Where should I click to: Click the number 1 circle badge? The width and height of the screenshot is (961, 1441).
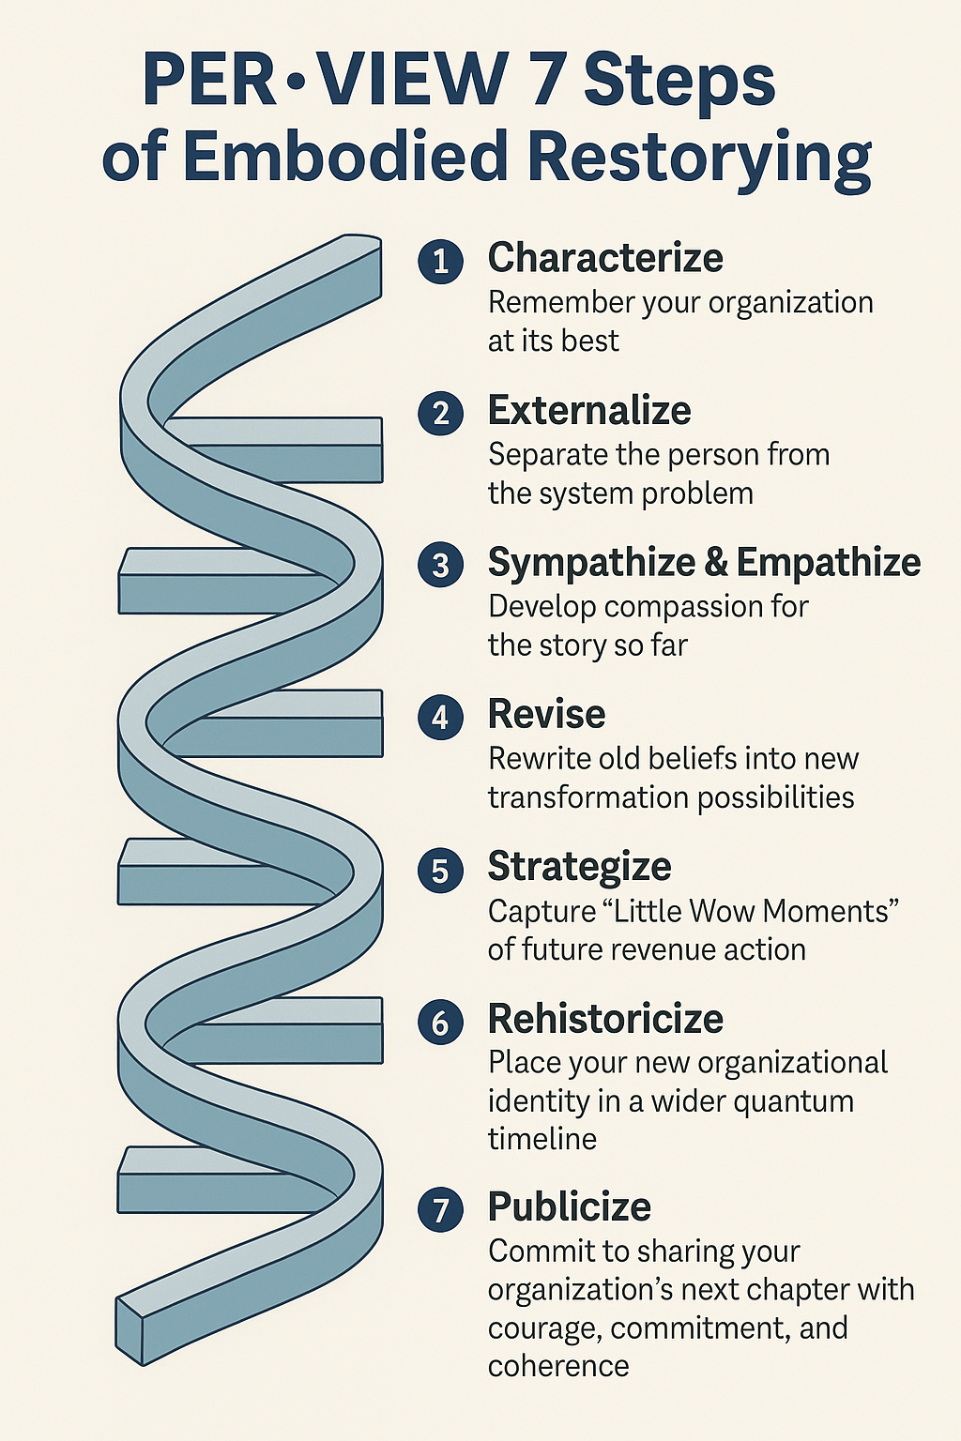point(440,262)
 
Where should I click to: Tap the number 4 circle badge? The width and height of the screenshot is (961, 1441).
point(440,718)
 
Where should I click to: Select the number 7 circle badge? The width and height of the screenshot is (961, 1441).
point(440,1209)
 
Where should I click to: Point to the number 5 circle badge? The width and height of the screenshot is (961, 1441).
point(440,870)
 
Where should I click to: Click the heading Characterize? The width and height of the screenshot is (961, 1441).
point(605,257)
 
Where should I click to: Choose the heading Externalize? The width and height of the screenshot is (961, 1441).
point(589,410)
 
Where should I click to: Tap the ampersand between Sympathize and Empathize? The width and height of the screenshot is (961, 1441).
point(715,562)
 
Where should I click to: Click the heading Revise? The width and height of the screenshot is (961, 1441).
point(546,714)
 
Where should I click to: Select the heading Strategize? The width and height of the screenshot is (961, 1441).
point(579,867)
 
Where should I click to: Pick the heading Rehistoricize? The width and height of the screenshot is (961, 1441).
point(605,1019)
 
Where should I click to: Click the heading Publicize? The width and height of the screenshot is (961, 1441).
point(569,1206)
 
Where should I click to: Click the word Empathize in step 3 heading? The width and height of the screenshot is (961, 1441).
point(829,563)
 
